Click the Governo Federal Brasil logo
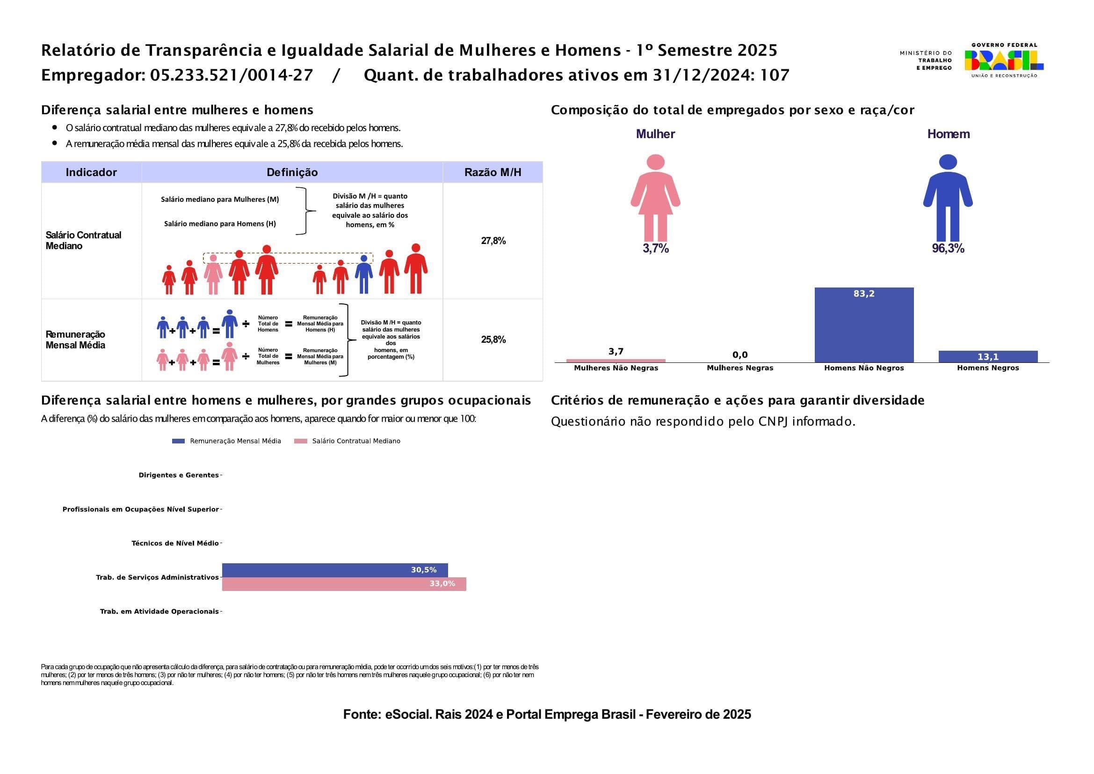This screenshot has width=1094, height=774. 1003,60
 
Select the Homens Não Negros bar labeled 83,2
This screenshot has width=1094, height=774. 864,325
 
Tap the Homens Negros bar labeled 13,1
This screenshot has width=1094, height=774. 988,357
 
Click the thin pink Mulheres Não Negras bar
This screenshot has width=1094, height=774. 616,361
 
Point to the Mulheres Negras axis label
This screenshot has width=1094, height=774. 739,368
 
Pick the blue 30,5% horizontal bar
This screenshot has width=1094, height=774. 334,570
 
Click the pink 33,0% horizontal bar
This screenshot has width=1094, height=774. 344,584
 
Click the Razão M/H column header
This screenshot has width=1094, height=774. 493,173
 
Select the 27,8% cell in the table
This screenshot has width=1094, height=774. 493,241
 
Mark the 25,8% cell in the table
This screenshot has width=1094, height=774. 493,339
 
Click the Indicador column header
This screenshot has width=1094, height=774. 91,173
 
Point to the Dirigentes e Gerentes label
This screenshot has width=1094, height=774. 178,475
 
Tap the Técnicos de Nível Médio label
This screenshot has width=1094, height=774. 175,543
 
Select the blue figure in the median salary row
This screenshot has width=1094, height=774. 363,275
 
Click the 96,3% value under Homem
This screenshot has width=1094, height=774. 948,249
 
